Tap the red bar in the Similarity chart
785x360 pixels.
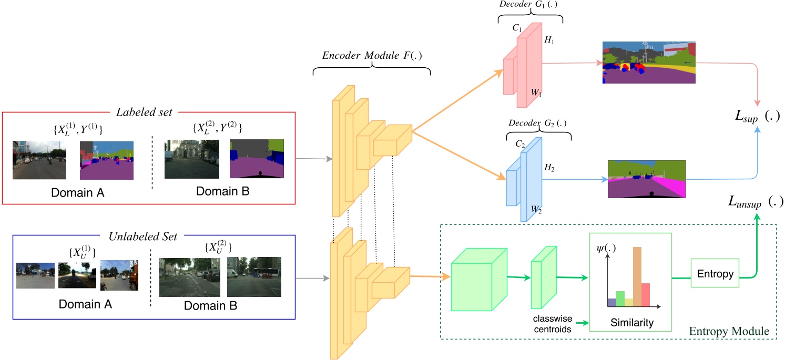coord(646,294)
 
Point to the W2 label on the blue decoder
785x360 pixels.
coord(536,210)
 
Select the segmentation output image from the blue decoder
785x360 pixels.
coord(647,179)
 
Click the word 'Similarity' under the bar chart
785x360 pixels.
coord(631,323)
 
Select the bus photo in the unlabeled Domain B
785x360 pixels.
coord(254,276)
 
